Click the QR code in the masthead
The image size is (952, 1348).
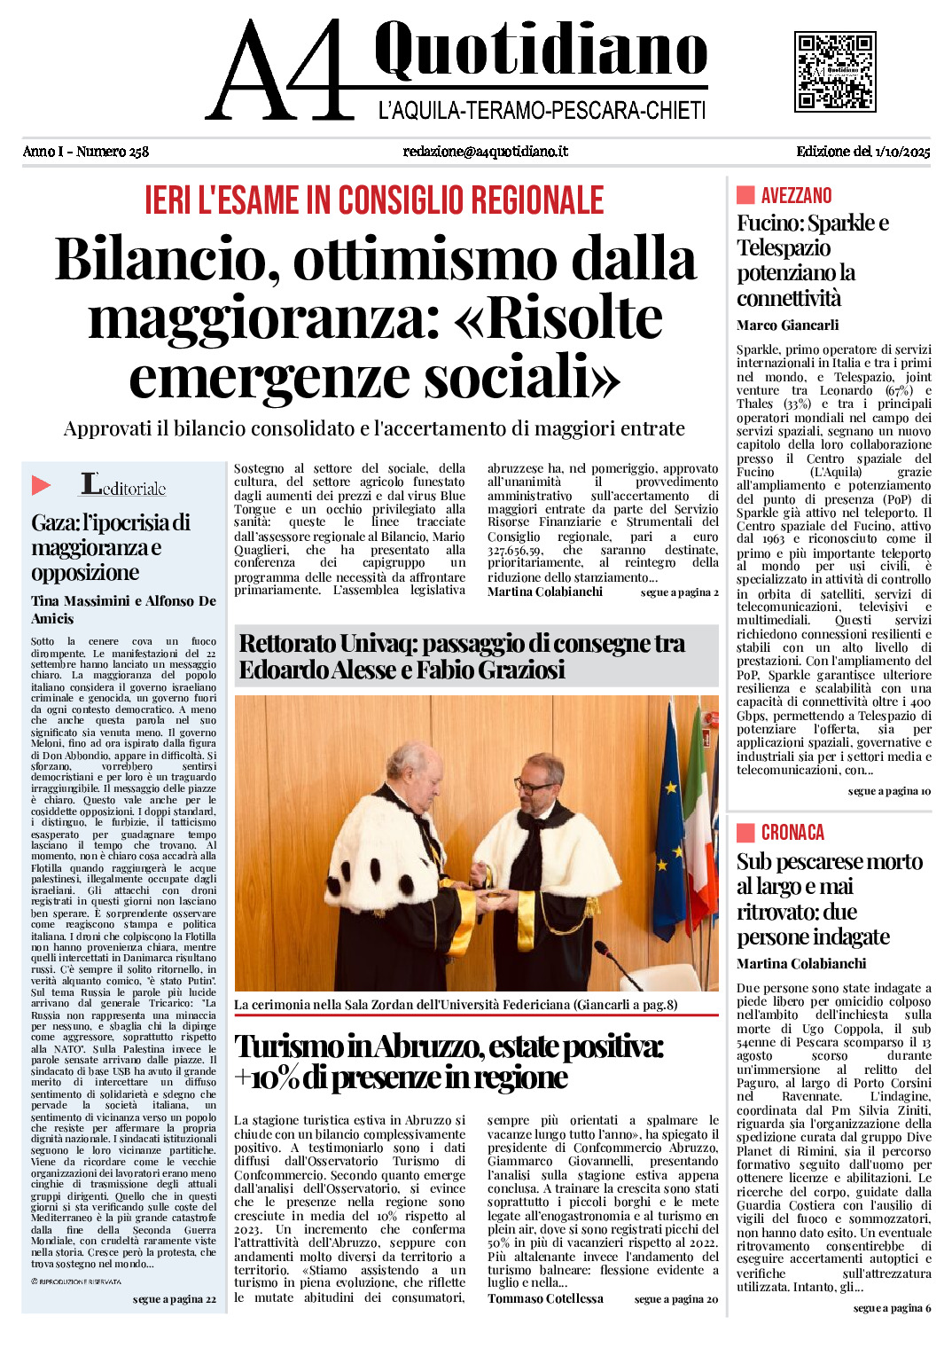point(835,72)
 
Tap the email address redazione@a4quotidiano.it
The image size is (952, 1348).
point(485,152)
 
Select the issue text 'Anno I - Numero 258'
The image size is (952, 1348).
point(86,152)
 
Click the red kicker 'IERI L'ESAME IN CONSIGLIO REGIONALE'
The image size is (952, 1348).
point(374,200)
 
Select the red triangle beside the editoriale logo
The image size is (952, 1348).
point(41,485)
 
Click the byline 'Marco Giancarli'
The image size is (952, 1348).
point(787,325)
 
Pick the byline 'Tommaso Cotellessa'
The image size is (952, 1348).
point(545,1299)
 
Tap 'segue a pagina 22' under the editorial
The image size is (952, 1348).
point(174,1299)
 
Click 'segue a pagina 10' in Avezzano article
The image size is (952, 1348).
point(889,791)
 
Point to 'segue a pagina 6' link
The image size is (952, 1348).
point(892,1308)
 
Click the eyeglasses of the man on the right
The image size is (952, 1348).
point(534,786)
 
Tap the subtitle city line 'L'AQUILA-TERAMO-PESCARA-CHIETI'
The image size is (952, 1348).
point(542,111)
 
